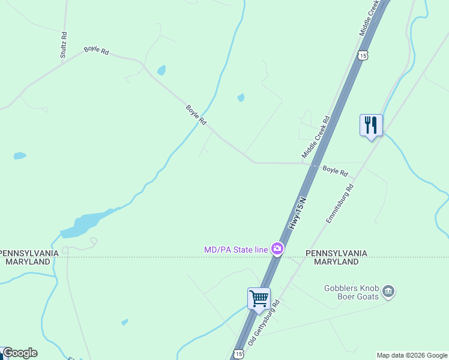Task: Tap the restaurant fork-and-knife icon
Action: [371, 125]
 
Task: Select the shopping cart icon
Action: [259, 299]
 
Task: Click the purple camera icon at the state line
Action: [277, 248]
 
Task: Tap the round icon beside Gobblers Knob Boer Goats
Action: [388, 292]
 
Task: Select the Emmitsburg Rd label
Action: [340, 204]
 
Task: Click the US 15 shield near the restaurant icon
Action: [361, 55]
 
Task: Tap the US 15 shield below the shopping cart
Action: [238, 354]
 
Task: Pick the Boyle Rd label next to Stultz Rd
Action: [96, 51]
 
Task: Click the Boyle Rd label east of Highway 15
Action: [335, 171]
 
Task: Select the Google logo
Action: [20, 353]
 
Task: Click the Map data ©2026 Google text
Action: [412, 355]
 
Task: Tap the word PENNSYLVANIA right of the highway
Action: [336, 253]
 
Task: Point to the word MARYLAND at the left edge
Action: [28, 262]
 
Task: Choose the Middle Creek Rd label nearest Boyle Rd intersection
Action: [316, 137]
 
